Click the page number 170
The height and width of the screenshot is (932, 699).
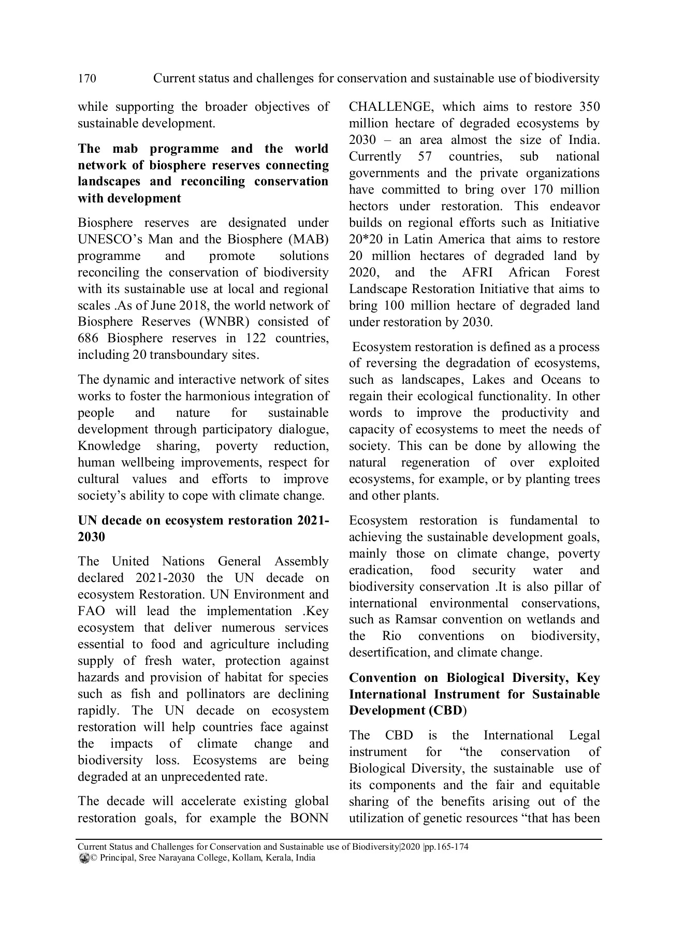click(x=87, y=79)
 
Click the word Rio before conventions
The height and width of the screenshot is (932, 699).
click(x=391, y=636)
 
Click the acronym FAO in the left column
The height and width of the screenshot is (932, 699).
click(x=91, y=611)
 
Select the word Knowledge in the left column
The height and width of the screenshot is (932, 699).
click(x=109, y=446)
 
